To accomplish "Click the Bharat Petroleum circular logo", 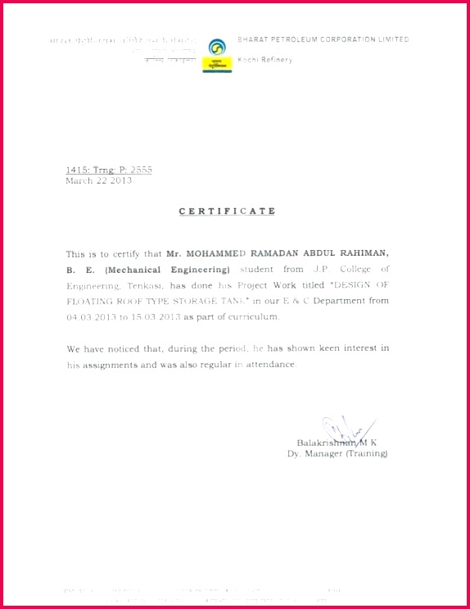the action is pyautogui.click(x=216, y=48).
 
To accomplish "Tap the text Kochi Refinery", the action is pyautogui.click(x=264, y=60).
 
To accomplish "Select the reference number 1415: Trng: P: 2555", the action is pyautogui.click(x=109, y=170).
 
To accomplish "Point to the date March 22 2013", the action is pyautogui.click(x=98, y=180).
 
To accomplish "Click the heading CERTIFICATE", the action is pyautogui.click(x=228, y=211).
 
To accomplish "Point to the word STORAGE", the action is pyautogui.click(x=191, y=301).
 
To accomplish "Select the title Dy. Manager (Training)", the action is pyautogui.click(x=337, y=453).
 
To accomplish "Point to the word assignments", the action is pyautogui.click(x=112, y=364).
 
